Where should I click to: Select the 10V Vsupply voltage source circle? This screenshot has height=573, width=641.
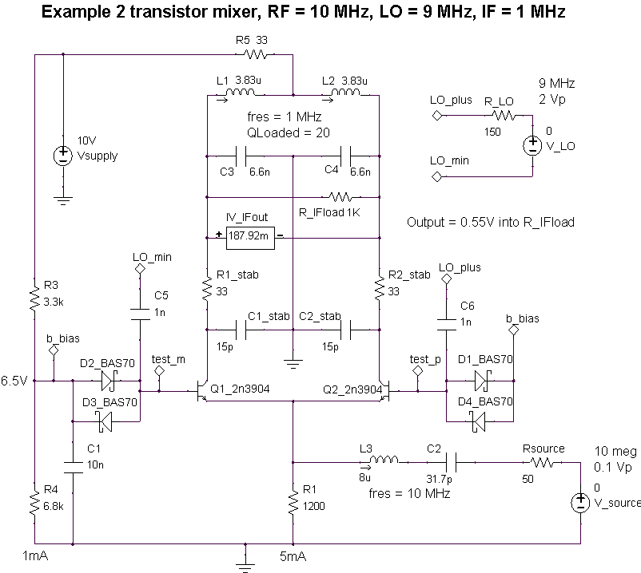(62, 155)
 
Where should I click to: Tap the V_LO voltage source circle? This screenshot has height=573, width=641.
(532, 145)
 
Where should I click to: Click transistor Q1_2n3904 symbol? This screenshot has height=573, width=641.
(200, 393)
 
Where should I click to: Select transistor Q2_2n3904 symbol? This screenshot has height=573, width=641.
(385, 393)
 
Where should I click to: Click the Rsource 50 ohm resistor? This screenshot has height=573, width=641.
(542, 461)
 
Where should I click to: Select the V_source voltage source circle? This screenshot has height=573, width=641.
(579, 503)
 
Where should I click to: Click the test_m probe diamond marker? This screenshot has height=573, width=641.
(160, 372)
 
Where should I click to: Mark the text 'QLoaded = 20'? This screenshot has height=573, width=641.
(289, 132)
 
